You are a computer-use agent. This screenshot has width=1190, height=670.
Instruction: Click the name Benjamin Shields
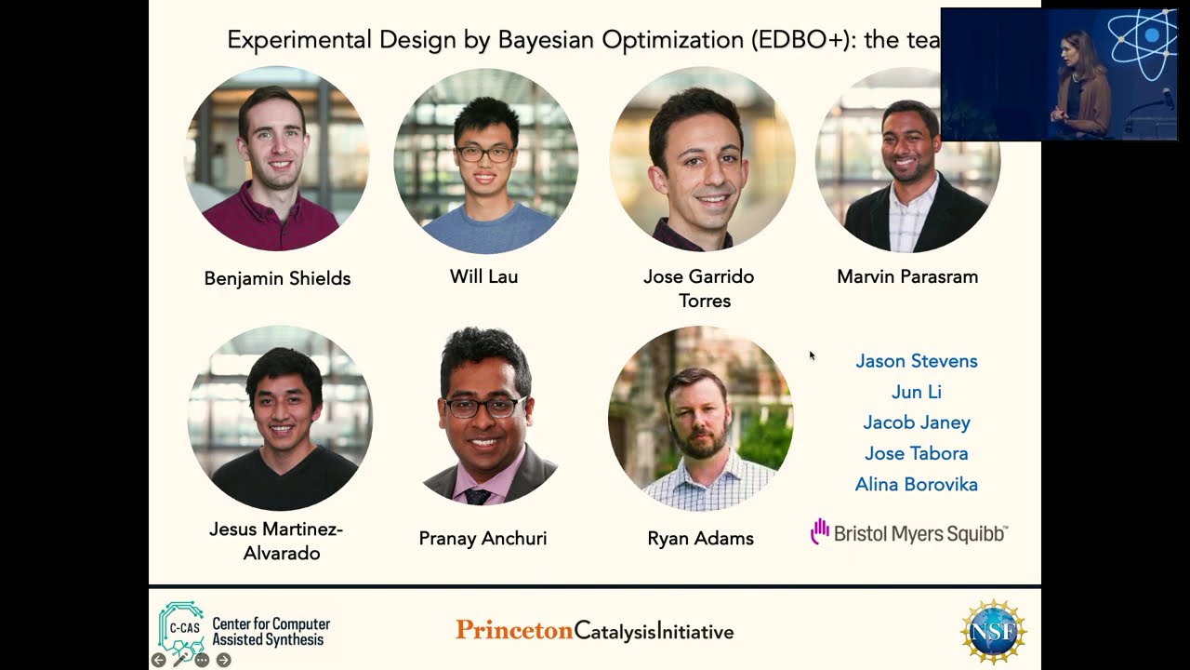coord(277,278)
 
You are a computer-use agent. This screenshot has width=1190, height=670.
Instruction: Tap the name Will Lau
coord(483,276)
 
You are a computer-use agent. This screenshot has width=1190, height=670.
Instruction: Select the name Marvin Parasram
coord(906,276)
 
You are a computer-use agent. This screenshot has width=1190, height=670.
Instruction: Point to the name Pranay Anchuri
coord(483,538)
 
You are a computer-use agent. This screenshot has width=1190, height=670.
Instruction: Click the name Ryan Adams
coord(700,538)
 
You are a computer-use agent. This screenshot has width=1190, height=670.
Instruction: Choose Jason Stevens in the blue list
coord(916,361)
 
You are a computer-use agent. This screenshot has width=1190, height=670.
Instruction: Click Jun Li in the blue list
coord(916,392)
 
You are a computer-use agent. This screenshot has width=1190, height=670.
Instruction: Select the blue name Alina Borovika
coord(916,484)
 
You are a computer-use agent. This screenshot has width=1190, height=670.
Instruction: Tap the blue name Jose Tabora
coord(916,453)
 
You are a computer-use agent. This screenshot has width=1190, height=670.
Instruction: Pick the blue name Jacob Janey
coord(916,422)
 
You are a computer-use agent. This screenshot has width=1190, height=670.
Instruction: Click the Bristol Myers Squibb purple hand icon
coord(819,531)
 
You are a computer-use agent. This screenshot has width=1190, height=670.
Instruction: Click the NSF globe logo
coord(993,632)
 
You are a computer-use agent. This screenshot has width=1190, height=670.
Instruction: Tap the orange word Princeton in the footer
coord(514,631)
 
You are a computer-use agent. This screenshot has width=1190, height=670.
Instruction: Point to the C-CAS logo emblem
coord(181,627)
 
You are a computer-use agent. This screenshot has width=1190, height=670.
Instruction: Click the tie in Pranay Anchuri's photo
coord(478,496)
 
